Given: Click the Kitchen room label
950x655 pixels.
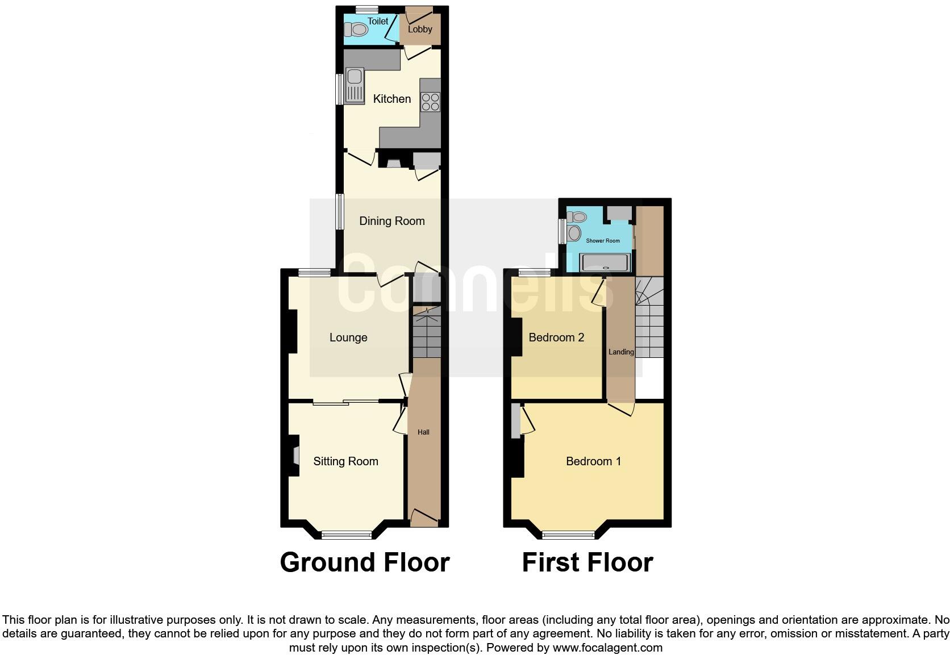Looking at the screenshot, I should click(391, 99).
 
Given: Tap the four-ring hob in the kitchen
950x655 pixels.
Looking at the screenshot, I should click(430, 102).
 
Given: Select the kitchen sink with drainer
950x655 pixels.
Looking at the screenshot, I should click(355, 86).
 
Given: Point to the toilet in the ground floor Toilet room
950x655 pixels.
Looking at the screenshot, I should click(356, 29).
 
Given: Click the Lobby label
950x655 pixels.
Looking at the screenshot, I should click(420, 29).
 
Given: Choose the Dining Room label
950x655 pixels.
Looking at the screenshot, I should click(391, 221).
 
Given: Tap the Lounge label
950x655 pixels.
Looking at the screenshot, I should click(348, 337).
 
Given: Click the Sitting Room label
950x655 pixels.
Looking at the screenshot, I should click(345, 461).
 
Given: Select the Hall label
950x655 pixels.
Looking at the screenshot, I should click(423, 432).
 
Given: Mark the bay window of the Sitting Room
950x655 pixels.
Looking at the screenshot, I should click(347, 534).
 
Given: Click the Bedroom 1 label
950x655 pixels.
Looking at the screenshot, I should click(593, 461).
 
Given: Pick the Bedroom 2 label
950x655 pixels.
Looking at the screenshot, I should click(556, 337).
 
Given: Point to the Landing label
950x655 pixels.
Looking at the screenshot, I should click(621, 352).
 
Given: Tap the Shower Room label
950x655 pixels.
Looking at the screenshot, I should click(603, 241).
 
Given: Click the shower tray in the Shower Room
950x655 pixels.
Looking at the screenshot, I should click(605, 262).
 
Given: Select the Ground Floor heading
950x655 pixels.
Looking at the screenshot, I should click(365, 562).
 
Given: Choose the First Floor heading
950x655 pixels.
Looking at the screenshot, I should click(587, 562).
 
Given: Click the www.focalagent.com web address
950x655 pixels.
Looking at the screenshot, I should click(607, 648).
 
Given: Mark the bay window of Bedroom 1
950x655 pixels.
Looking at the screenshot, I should click(568, 534).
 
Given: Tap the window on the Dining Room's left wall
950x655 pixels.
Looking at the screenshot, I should click(339, 212).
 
